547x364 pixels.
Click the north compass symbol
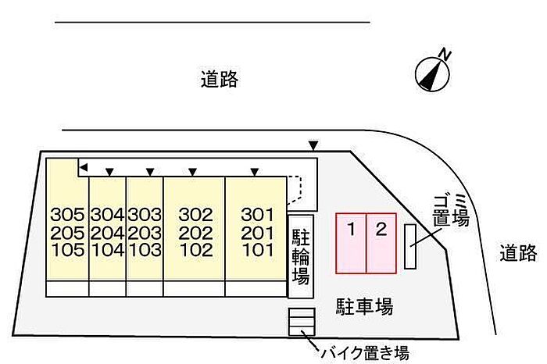coord(432,71)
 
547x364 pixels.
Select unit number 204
coord(107,233)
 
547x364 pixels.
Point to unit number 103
coord(145,251)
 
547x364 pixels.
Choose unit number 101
coord(257,251)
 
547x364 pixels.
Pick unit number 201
coord(257,233)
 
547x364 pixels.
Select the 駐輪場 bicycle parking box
coord(301,255)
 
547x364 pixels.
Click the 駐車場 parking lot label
coord(364,305)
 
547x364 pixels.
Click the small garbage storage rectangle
coord(411,246)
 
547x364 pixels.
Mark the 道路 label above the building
coord(218,79)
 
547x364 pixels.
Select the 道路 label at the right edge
coord(520,252)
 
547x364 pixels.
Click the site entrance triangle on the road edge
coord(313,145)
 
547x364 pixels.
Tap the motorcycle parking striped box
coord(301,322)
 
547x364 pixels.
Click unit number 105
coord(66,251)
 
